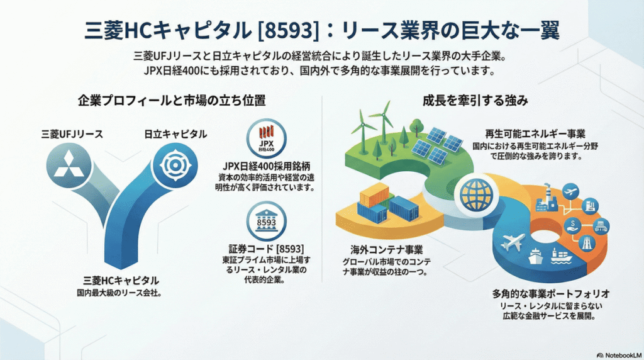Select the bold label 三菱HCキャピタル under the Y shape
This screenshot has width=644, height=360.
coord(121,281)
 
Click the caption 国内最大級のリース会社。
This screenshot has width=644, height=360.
coord(121,293)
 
